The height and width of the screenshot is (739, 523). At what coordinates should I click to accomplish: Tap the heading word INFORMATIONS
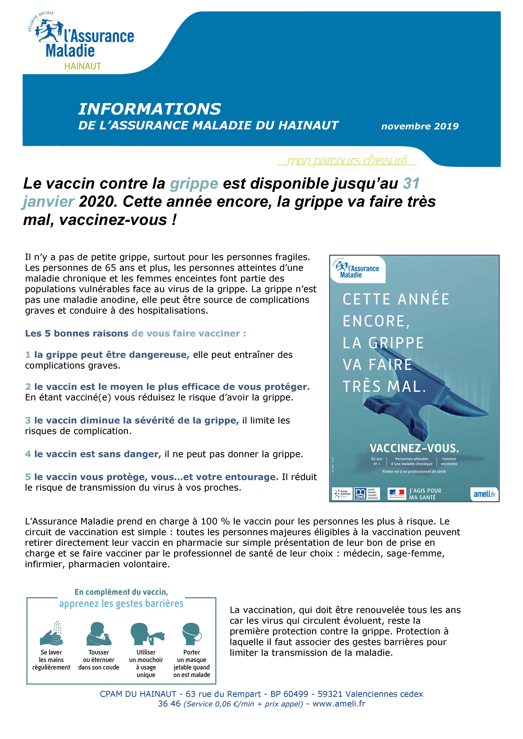coord(150,109)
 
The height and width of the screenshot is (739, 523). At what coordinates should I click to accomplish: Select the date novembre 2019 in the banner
coord(420,126)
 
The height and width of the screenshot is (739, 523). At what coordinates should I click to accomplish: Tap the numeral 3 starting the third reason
coord(28,420)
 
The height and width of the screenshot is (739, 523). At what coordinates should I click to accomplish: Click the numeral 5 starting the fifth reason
coord(28,477)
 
